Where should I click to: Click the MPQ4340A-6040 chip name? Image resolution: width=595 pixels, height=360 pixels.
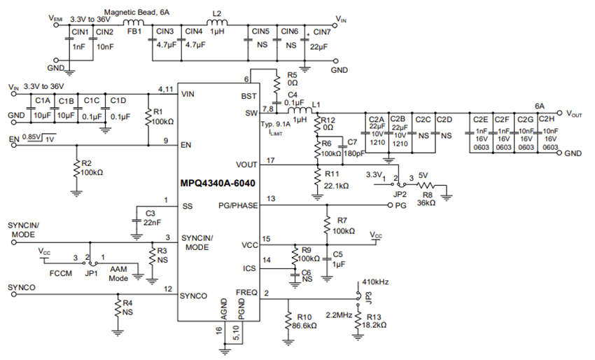tap(218, 181)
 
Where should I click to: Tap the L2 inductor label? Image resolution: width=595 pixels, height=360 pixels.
tap(216, 14)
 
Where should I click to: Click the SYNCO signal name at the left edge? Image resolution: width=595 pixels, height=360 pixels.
tap(22, 288)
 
